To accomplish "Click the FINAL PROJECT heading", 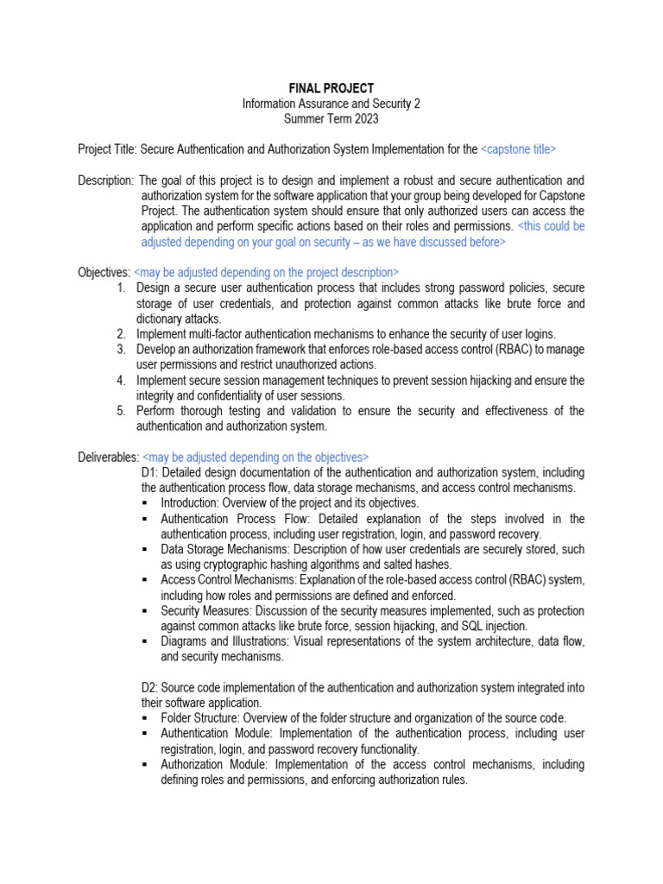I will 331,88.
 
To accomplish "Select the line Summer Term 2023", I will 331,119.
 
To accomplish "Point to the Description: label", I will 105,181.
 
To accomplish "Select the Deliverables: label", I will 108,457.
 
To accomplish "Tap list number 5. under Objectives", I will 122,411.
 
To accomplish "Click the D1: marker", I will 149,472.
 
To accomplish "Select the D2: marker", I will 149,687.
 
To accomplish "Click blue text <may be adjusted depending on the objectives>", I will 256,457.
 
